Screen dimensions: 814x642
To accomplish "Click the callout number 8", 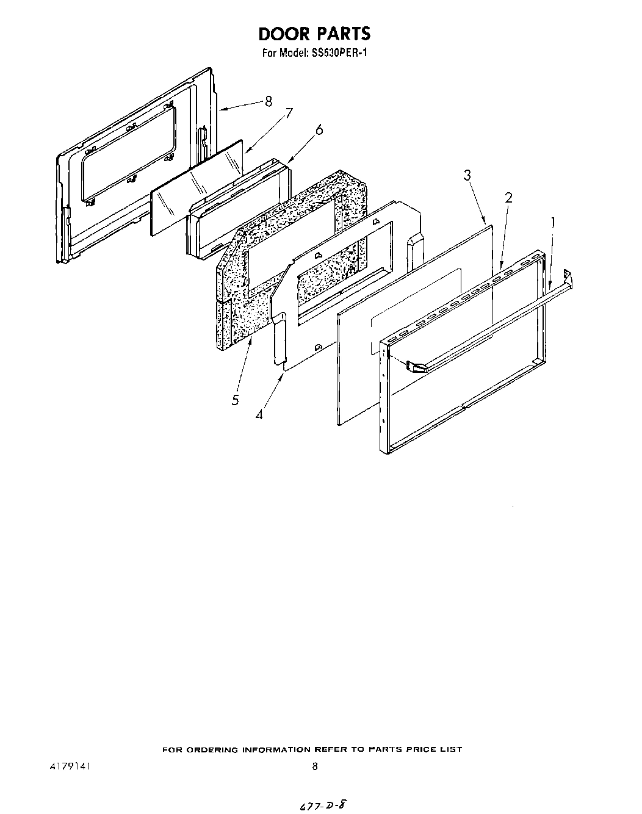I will click(x=269, y=102).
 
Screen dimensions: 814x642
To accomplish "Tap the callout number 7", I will click(x=289, y=113).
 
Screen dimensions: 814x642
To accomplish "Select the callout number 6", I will click(x=319, y=129).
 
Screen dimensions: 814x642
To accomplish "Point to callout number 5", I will click(x=235, y=400).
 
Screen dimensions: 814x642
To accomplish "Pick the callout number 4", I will click(x=260, y=414).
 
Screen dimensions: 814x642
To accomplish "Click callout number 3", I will click(x=467, y=176).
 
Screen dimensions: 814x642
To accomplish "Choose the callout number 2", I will click(x=508, y=197).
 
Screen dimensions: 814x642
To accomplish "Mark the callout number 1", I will click(x=554, y=223).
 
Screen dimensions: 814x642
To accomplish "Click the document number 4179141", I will click(x=71, y=766).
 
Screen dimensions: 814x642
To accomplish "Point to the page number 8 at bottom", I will click(x=315, y=767).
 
